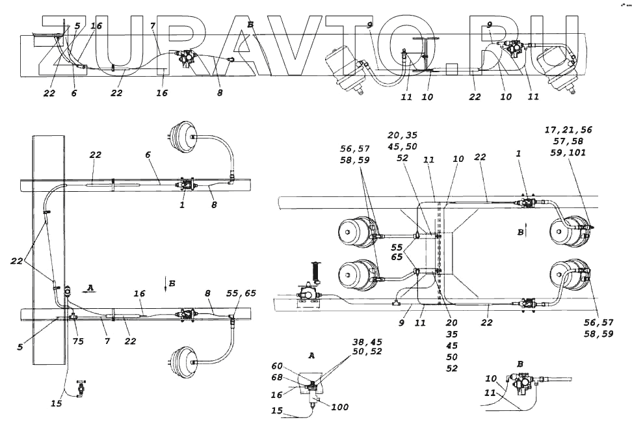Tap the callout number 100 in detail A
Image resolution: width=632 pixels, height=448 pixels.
pyautogui.click(x=339, y=407)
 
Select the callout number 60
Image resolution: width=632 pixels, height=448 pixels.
pyautogui.click(x=278, y=366)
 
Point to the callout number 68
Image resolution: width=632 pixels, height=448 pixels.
pyautogui.click(x=278, y=378)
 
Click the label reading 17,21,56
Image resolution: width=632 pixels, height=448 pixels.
pyautogui.click(x=568, y=130)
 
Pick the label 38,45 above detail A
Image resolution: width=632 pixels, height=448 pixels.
pyautogui.click(x=367, y=341)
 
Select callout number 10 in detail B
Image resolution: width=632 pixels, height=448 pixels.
pyautogui.click(x=491, y=378)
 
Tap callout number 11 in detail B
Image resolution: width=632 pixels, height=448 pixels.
pyautogui.click(x=490, y=393)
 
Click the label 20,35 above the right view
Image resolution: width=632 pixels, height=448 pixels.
pyautogui.click(x=402, y=135)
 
